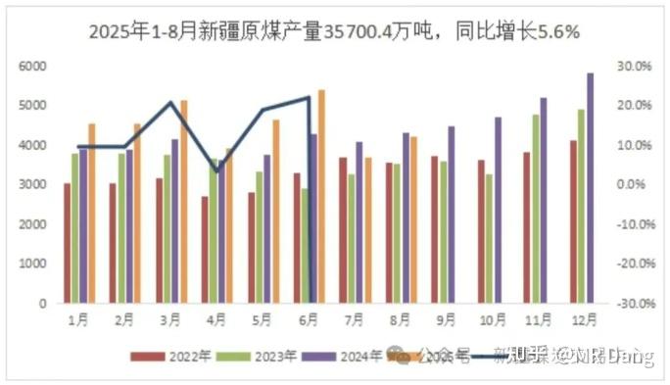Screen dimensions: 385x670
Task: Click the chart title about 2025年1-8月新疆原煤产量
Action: (x=334, y=32)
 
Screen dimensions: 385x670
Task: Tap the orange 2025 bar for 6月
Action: (x=321, y=196)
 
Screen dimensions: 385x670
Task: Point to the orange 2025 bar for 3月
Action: (x=183, y=201)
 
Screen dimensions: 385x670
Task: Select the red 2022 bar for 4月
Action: (x=205, y=249)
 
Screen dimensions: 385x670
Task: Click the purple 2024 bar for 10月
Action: (x=498, y=210)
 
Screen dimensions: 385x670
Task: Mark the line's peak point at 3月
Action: (x=171, y=103)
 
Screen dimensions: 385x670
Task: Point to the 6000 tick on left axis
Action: (x=33, y=66)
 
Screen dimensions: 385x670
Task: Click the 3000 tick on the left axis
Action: (x=33, y=184)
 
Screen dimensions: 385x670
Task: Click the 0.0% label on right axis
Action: (x=635, y=184)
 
